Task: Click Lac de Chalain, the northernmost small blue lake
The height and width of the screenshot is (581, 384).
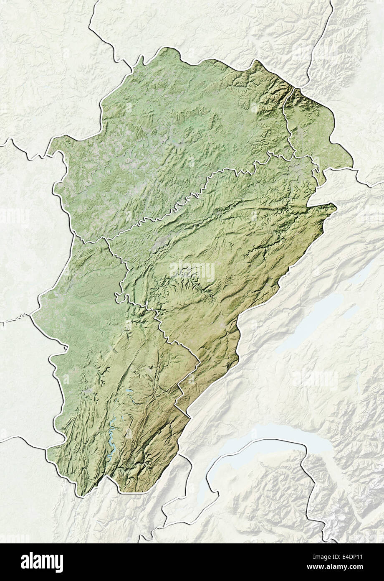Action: pyautogui.click(x=127, y=393)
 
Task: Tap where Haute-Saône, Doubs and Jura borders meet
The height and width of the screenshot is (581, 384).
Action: pyautogui.click(x=106, y=240)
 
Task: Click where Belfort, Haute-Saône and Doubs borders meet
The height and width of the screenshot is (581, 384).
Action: pyautogui.click(x=294, y=155)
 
